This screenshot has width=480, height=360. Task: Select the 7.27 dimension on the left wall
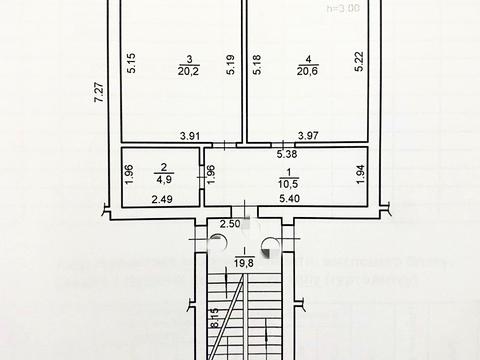(97, 96)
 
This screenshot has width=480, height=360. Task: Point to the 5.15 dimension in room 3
(129, 60)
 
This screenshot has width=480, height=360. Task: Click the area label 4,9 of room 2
(161, 181)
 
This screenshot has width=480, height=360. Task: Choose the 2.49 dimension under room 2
(162, 199)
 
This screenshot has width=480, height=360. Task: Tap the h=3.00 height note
(346, 8)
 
